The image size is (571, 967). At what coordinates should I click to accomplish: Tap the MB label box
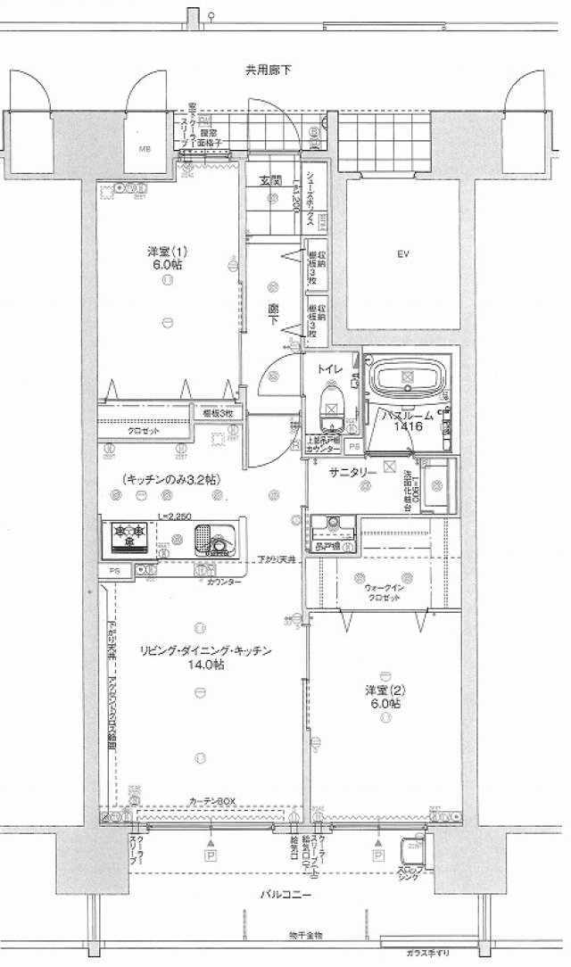click(x=144, y=150)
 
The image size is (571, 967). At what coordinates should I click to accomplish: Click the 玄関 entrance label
click(x=270, y=181)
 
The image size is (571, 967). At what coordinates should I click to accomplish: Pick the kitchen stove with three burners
click(x=129, y=538)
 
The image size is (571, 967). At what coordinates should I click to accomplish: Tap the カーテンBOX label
click(x=211, y=801)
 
